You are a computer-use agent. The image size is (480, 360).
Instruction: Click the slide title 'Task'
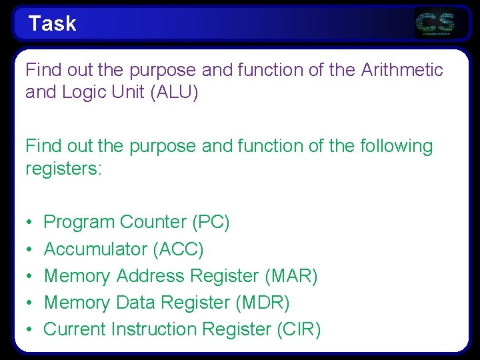click(52, 24)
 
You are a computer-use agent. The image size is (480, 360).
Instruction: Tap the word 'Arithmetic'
click(402, 70)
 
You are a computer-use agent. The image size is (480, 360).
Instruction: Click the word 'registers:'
click(63, 169)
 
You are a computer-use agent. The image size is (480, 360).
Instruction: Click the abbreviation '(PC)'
click(211, 222)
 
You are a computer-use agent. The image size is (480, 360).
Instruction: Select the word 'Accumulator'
click(95, 249)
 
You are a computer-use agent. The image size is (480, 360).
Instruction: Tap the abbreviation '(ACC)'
click(178, 249)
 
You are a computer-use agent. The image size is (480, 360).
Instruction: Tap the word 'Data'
click(135, 303)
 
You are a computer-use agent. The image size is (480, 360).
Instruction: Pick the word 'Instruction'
click(154, 329)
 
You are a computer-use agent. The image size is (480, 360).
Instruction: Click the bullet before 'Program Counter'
click(29, 223)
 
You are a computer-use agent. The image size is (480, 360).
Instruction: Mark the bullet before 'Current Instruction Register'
click(29, 330)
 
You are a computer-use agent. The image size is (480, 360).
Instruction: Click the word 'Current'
click(75, 329)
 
